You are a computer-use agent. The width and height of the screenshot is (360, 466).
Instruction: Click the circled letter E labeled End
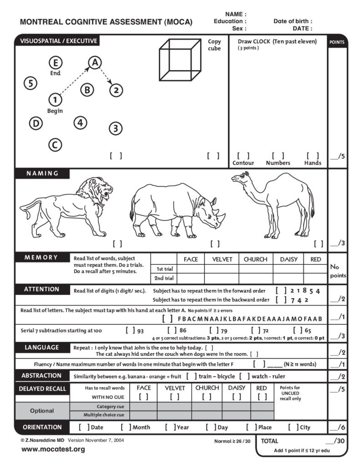(56, 63)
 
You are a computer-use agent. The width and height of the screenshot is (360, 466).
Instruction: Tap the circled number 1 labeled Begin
(55, 99)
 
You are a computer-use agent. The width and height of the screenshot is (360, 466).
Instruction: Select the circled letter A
(94, 63)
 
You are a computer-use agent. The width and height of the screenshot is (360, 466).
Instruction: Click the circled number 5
(30, 83)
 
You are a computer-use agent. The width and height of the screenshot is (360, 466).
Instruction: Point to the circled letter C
(55, 145)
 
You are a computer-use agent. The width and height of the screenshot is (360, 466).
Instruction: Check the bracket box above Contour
(243, 156)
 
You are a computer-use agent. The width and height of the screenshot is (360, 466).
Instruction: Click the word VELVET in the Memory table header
(222, 259)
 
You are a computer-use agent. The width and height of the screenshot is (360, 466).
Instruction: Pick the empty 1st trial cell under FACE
(190, 268)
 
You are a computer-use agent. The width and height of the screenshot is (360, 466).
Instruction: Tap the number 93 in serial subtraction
(140, 331)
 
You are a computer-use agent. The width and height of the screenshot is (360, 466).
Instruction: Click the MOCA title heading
(106, 22)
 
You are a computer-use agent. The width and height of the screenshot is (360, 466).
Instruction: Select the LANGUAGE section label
(42, 348)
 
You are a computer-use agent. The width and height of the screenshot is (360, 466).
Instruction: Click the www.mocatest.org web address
(53, 450)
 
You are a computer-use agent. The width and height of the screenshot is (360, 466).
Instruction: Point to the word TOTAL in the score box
(270, 441)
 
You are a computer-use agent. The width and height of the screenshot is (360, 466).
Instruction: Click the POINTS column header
(337, 42)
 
